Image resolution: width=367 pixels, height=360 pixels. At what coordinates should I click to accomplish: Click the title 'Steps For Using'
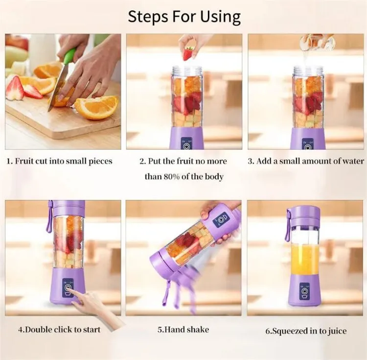[184, 16]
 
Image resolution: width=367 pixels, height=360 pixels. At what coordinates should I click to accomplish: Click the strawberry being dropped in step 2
[188, 53]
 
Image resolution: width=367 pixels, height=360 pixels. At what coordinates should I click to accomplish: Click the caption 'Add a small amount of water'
[306, 161]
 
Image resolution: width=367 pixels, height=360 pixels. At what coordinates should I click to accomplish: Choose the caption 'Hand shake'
[183, 330]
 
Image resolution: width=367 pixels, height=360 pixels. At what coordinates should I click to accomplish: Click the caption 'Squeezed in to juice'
[306, 331]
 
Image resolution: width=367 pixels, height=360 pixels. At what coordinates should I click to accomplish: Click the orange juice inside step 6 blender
[304, 260]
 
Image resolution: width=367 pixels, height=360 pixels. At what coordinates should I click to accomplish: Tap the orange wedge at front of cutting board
[96, 107]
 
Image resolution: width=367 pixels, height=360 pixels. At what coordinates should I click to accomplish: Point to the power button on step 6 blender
[304, 292]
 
